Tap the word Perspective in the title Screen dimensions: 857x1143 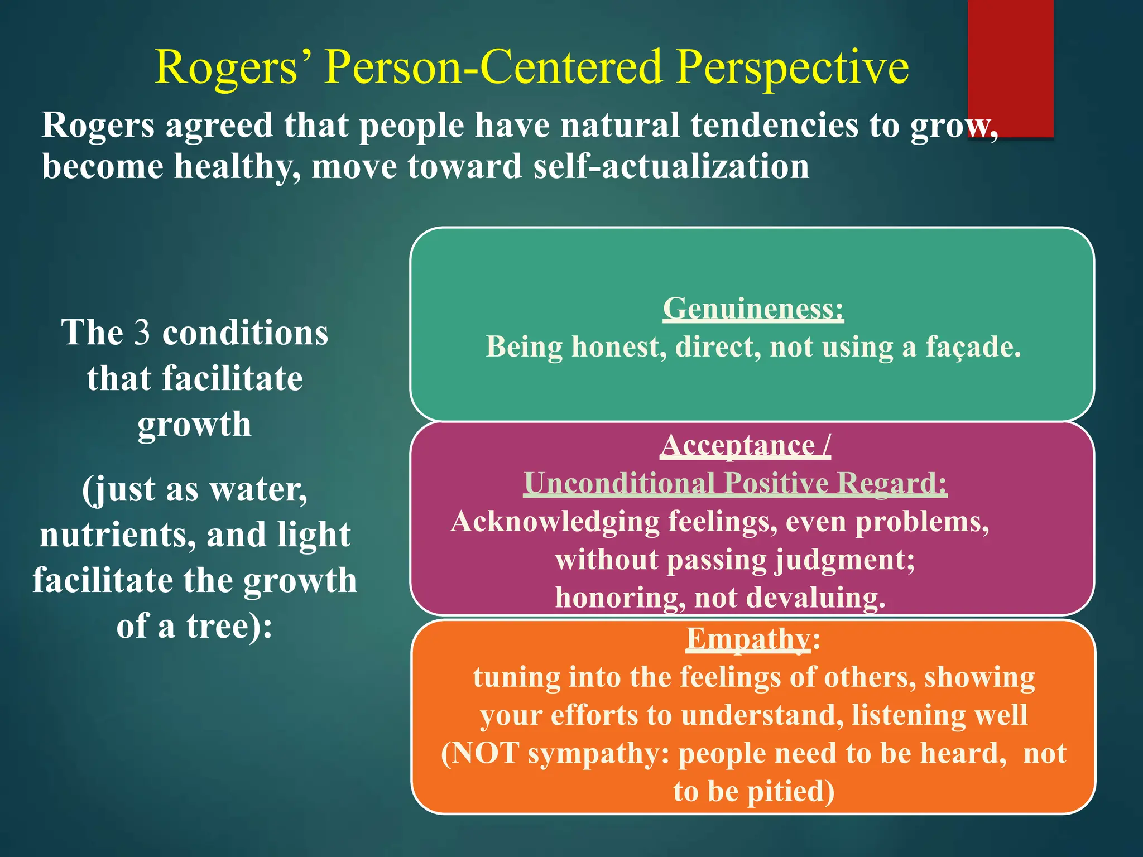tap(793, 68)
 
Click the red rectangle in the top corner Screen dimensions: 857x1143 tap(1010, 61)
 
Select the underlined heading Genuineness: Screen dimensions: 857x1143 tap(753, 309)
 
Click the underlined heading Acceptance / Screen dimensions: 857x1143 tap(745, 446)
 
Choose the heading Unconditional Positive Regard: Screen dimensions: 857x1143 tap(735, 483)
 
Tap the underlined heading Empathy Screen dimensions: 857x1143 tap(747, 638)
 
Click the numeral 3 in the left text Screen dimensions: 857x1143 tap(142, 333)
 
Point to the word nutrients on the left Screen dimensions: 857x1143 tap(118, 535)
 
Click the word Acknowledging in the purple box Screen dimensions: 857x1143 tap(555, 522)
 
